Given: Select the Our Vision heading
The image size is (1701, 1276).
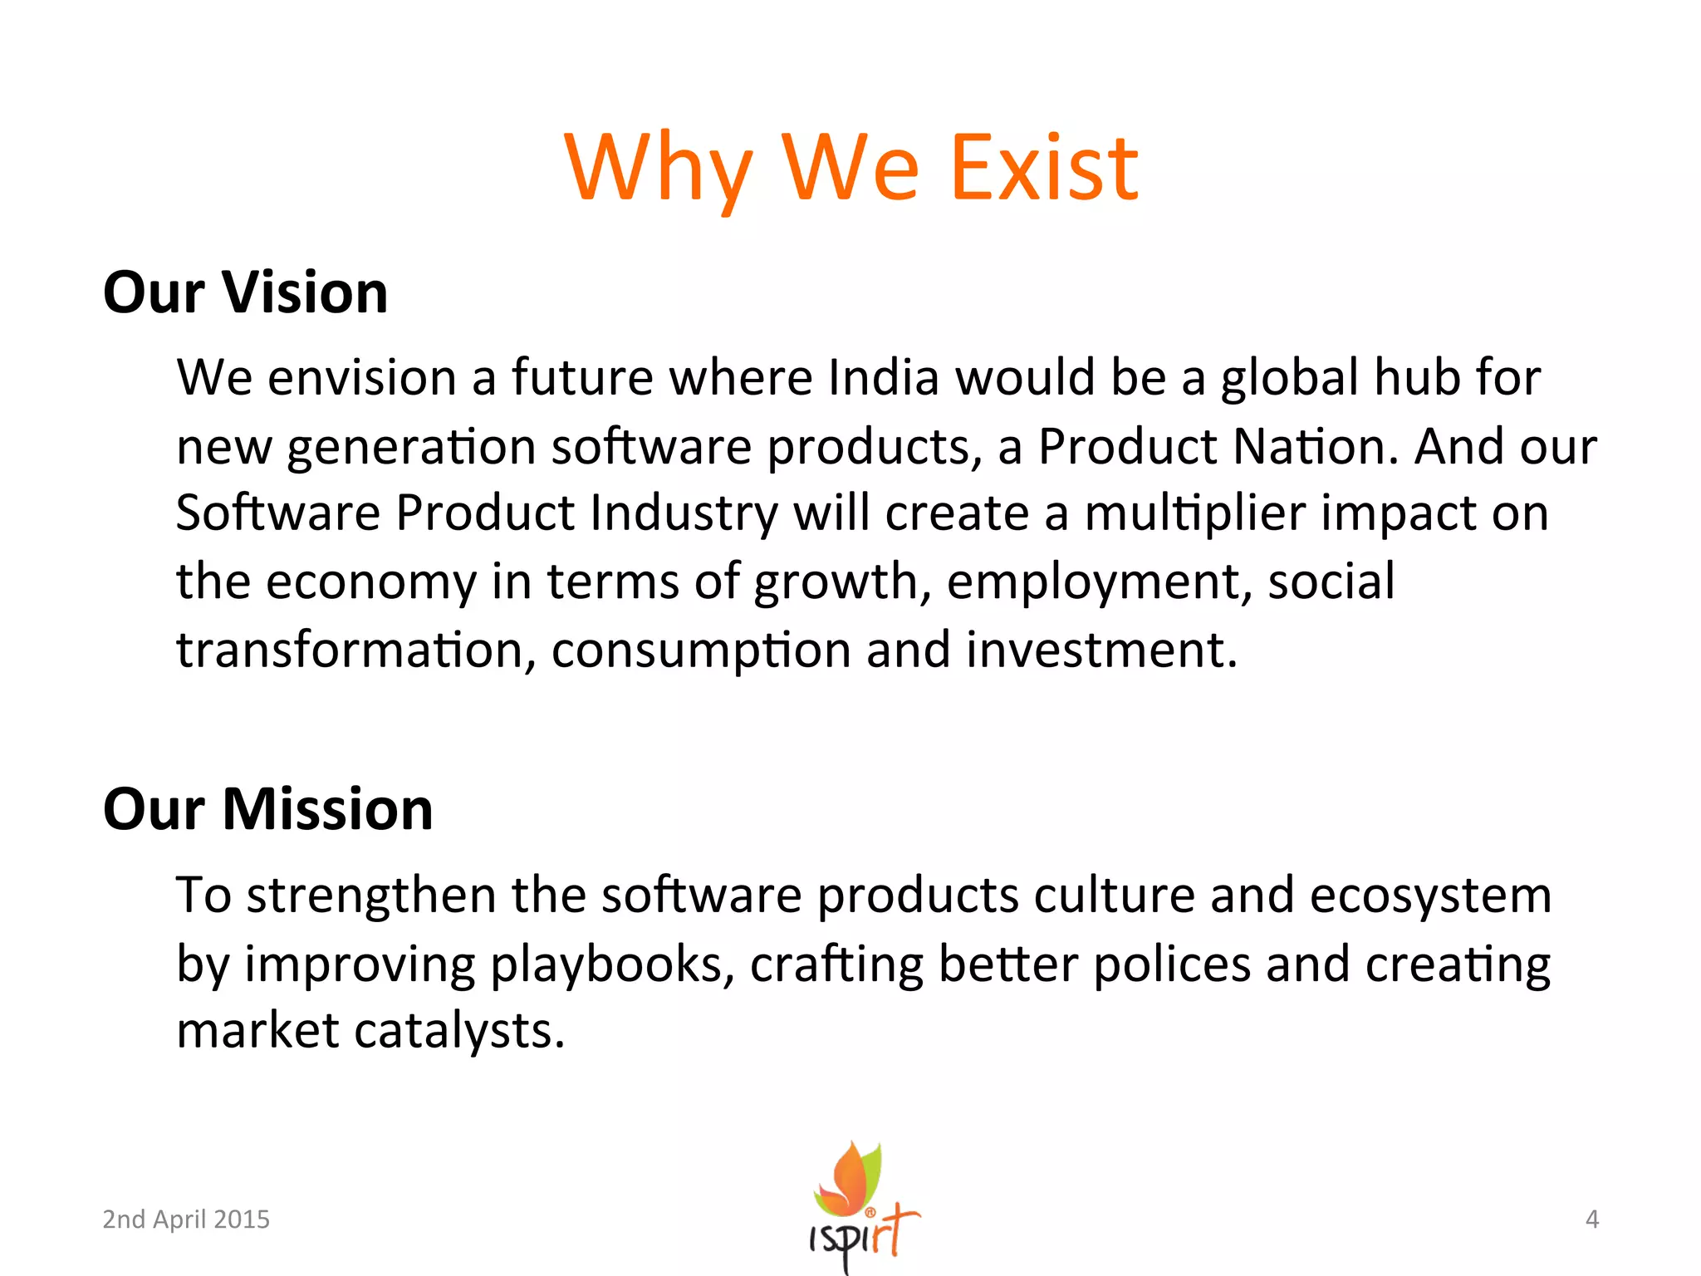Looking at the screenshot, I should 245,293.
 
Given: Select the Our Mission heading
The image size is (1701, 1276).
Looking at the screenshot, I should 267,809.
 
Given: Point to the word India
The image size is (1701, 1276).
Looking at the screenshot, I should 884,378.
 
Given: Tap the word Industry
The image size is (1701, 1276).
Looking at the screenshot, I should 684,513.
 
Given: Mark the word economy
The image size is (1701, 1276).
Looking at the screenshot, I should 370,582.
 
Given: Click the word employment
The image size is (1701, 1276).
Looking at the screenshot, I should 1099,582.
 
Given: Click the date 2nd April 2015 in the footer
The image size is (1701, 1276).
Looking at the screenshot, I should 186,1219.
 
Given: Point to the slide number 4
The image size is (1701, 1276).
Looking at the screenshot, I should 1591,1219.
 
